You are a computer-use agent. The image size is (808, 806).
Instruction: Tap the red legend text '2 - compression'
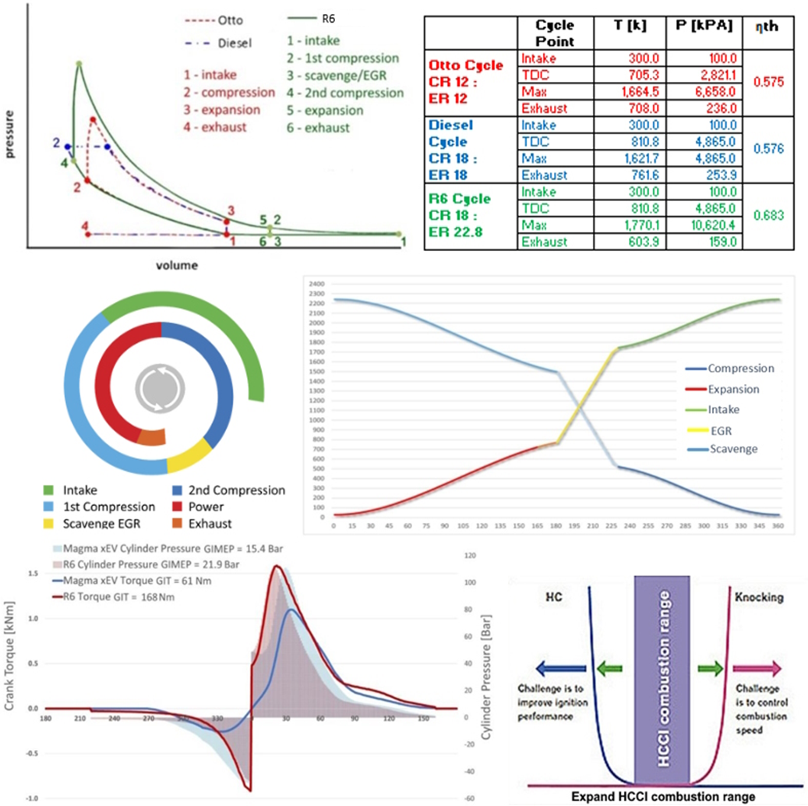(228, 92)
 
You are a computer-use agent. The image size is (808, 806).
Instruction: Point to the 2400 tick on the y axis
(315, 284)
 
